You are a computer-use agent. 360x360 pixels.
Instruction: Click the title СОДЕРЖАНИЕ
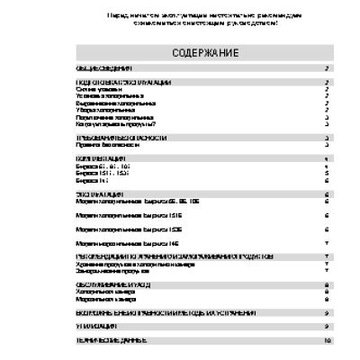205,53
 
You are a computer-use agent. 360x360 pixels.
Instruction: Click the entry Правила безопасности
104,144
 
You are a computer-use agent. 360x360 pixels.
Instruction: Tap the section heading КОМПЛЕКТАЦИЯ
99,158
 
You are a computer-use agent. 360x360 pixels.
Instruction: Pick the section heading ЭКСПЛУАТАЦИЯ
99,193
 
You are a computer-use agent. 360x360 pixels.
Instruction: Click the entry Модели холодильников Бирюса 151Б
130,216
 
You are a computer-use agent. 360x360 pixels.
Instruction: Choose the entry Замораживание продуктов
111,270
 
